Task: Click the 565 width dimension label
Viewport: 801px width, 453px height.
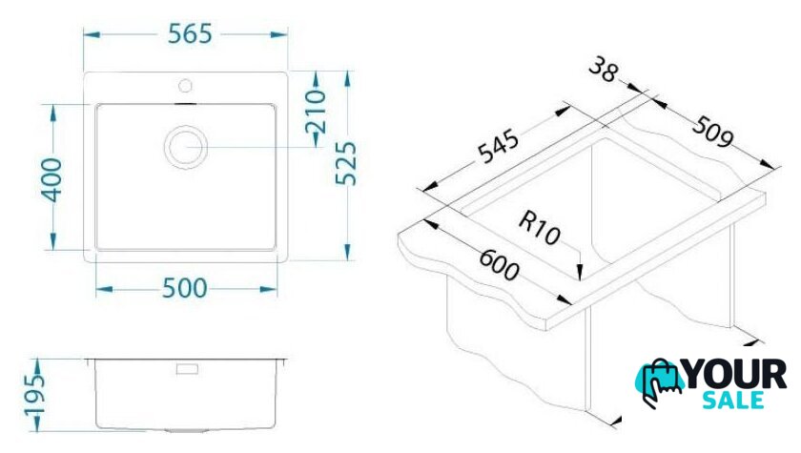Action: click(190, 34)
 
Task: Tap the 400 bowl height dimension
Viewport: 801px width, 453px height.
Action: click(52, 180)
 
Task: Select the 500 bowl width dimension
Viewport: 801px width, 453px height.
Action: click(184, 289)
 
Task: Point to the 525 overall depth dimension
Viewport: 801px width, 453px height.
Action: click(346, 163)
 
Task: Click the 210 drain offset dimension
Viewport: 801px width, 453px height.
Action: click(316, 112)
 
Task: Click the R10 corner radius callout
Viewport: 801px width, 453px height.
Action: click(540, 228)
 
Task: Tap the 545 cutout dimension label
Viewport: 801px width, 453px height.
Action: click(498, 147)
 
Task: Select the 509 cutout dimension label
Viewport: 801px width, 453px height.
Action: click(712, 132)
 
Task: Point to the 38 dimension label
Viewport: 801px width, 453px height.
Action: click(604, 70)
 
